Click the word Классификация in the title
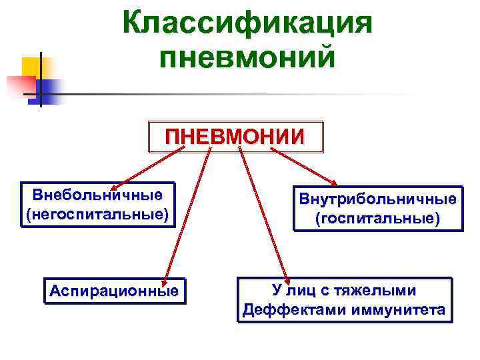tap(247, 25)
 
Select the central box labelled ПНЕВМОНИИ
tap(235, 137)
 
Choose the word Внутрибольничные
tap(377, 199)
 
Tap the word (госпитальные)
tap(377, 219)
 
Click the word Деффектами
tap(291, 310)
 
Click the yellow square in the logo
tap(31, 67)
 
